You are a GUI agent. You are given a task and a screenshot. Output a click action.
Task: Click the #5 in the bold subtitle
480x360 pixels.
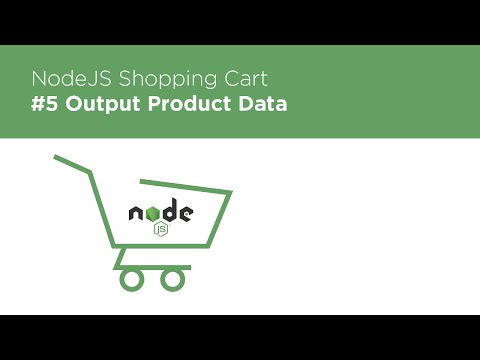[45, 104]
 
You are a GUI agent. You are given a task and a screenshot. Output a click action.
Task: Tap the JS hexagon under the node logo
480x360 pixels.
[160, 229]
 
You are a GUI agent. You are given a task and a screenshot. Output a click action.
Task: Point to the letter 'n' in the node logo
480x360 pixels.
[136, 212]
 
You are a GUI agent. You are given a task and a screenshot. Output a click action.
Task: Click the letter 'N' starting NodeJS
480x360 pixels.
[39, 78]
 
